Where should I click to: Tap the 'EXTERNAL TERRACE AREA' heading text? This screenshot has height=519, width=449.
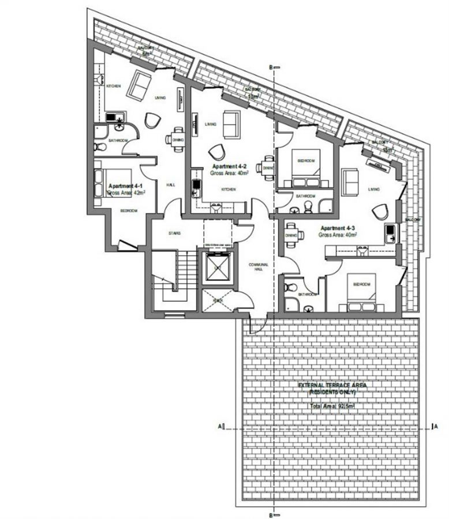(332, 385)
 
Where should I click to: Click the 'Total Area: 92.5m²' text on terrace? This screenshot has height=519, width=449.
(332, 407)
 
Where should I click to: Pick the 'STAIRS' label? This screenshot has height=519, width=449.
(174, 233)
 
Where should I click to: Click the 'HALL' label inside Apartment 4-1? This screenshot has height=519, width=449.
(171, 185)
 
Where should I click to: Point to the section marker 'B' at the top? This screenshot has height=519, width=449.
(270, 67)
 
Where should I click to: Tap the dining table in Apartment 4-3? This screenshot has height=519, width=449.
(293, 234)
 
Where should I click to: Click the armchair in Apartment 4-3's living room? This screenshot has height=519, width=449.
(380, 212)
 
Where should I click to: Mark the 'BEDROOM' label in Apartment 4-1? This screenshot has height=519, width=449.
(128, 211)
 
